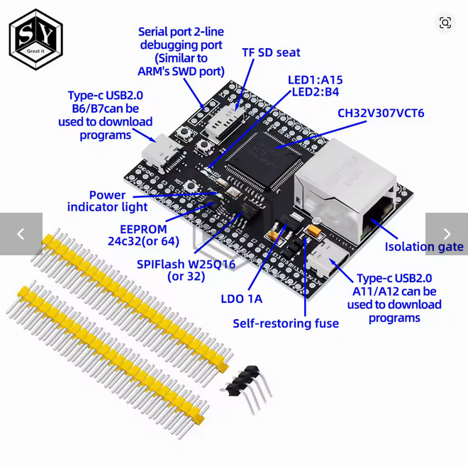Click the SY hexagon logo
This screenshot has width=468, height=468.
tap(35, 40)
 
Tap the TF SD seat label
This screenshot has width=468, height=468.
tap(271, 52)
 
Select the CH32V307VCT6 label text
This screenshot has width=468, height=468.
tap(380, 113)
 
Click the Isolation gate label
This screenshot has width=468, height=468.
tap(424, 247)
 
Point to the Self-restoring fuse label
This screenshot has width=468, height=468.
tap(286, 323)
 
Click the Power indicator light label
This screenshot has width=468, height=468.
tap(107, 201)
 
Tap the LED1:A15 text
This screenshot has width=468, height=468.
tap(315, 79)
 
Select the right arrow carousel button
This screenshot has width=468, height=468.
tap(447, 234)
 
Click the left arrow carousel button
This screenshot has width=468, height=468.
tap(21, 234)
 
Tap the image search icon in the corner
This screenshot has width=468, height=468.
tap(445, 23)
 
